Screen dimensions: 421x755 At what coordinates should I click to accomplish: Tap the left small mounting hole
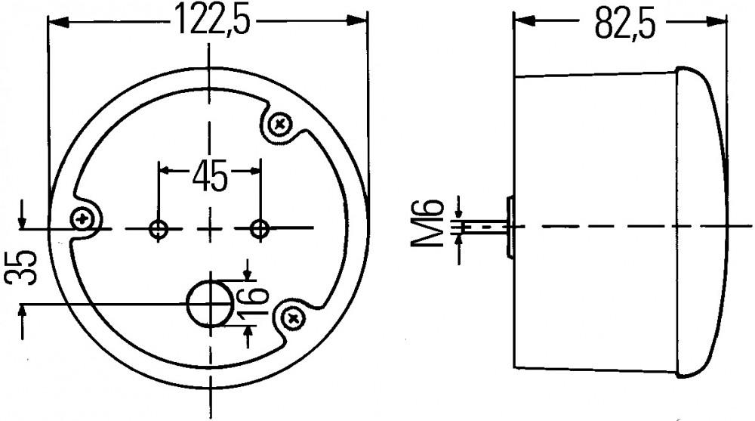[x=159, y=229]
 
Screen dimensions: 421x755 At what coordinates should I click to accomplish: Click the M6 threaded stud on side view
[x=483, y=226]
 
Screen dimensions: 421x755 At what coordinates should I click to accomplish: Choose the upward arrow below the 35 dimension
[x=23, y=312]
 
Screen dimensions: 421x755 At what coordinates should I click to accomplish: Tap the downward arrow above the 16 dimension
[x=248, y=271]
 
